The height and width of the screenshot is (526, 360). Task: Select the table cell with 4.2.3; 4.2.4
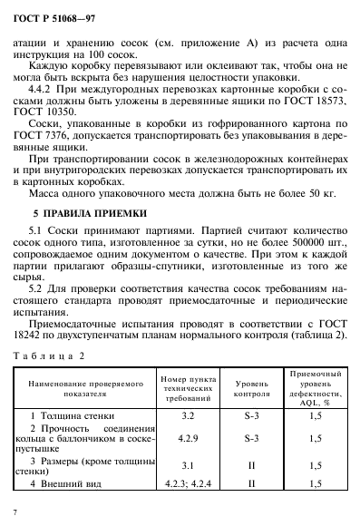[x=188, y=484]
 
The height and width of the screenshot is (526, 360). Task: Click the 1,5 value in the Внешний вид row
[x=315, y=484]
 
